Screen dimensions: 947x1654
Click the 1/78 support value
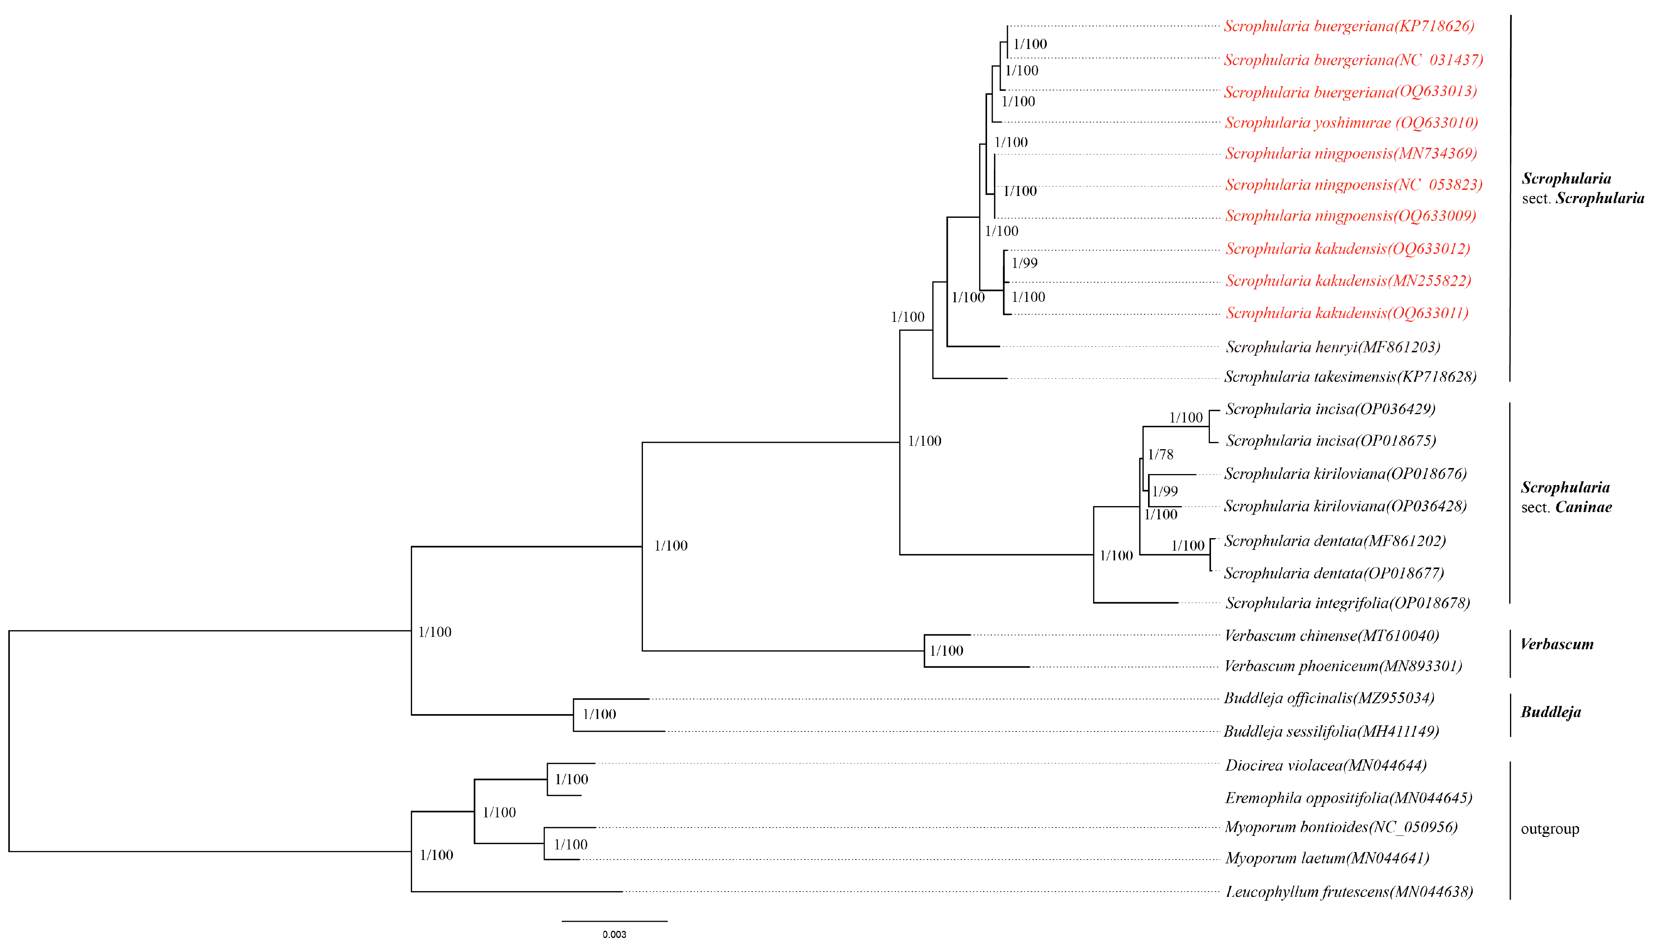[1160, 454]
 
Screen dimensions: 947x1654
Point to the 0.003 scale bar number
[614, 935]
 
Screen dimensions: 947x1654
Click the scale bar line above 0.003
[614, 921]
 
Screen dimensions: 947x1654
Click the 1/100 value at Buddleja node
[599, 714]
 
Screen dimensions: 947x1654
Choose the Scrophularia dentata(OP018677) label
[1334, 573]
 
